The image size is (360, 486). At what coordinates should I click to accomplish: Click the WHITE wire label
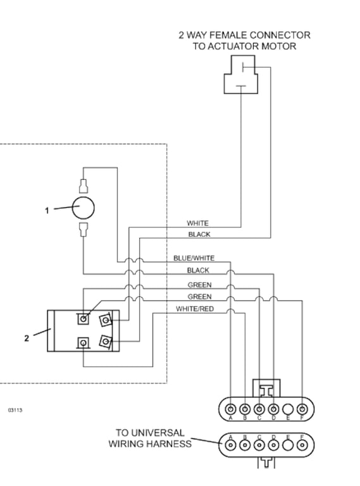[x=197, y=223]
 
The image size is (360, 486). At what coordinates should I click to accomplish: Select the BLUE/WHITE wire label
[x=194, y=258]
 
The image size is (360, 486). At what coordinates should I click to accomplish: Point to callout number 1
[x=46, y=211]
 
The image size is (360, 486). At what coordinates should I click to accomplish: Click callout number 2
[x=27, y=338]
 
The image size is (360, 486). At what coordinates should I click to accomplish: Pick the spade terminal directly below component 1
[x=83, y=230]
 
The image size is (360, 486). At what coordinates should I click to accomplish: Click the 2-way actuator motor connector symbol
[x=241, y=75]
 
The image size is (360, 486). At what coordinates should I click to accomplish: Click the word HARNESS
[x=171, y=444]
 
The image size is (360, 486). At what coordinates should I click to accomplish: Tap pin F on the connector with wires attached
[x=302, y=408]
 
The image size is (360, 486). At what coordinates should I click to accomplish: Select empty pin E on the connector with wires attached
[x=288, y=408]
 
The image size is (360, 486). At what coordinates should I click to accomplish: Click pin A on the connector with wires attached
[x=230, y=408]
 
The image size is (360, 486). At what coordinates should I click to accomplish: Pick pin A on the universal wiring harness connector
[x=230, y=445]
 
